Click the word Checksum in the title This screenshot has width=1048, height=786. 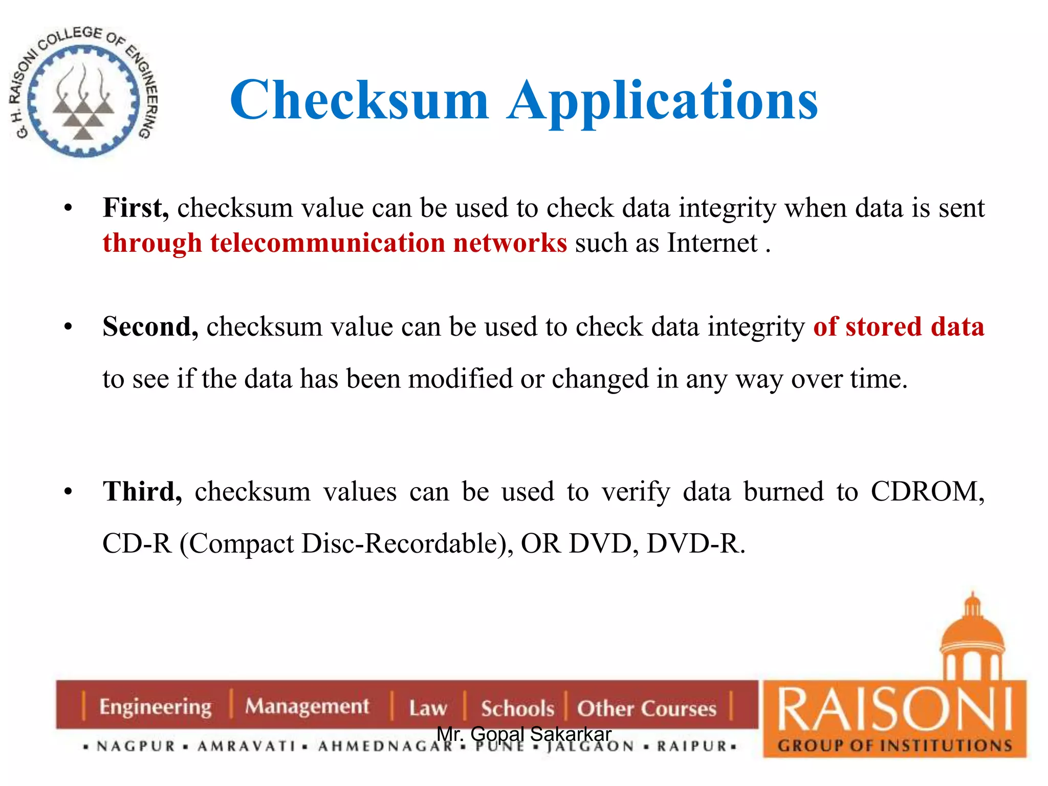(x=359, y=100)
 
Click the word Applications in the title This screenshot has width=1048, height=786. (x=662, y=101)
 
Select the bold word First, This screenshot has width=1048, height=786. (x=136, y=208)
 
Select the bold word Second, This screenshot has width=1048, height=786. (x=150, y=327)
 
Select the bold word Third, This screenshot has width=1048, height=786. (x=142, y=492)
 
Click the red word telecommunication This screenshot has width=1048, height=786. (x=327, y=243)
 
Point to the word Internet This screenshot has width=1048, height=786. (x=712, y=243)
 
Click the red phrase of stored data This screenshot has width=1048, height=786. (x=899, y=327)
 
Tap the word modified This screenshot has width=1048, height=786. (x=460, y=379)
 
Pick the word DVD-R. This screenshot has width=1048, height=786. (x=696, y=544)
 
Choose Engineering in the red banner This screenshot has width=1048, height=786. (x=155, y=707)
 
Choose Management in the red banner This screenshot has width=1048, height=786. (x=307, y=706)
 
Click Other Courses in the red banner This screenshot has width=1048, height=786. (x=646, y=709)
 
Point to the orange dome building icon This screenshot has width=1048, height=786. (x=972, y=640)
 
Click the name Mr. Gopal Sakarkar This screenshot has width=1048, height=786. (x=524, y=734)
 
